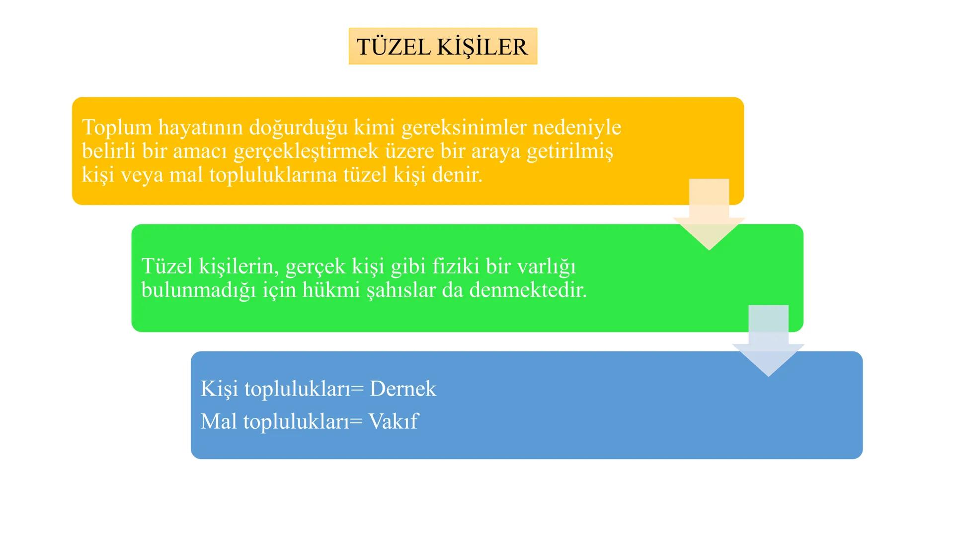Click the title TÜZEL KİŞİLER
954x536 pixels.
[x=442, y=47]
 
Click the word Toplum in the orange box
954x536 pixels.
[x=117, y=128]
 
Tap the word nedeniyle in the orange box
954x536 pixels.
[x=577, y=128]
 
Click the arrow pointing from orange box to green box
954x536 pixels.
[x=709, y=218]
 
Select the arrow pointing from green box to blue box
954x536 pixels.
[x=768, y=345]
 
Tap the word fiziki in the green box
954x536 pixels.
[x=456, y=267]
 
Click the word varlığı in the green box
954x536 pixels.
[x=547, y=267]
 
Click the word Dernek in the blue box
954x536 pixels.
[x=403, y=389]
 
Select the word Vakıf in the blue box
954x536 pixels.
[x=393, y=421]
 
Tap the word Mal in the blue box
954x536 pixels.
[x=219, y=421]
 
